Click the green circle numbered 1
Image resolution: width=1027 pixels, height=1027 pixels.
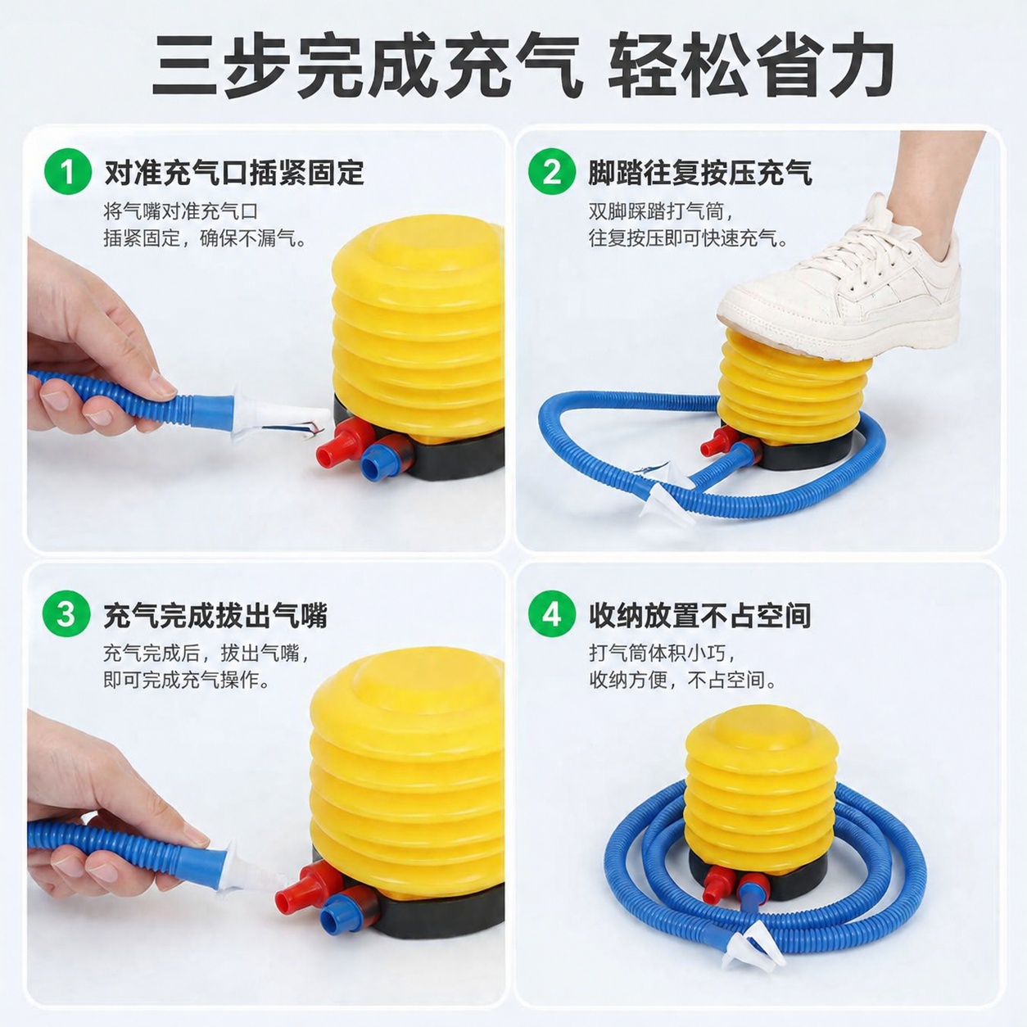click(x=68, y=171)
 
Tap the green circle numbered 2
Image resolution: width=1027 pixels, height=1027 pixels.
click(x=552, y=171)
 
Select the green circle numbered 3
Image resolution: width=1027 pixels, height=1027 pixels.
click(x=66, y=614)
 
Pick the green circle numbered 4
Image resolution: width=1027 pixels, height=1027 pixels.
click(x=552, y=614)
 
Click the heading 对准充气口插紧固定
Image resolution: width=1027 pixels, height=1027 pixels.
click(x=234, y=172)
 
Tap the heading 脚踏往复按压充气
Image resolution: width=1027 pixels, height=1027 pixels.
click(x=700, y=172)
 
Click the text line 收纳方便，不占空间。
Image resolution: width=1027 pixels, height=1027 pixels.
click(x=683, y=680)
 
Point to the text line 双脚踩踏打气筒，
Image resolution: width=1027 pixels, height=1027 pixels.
click(x=662, y=211)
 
